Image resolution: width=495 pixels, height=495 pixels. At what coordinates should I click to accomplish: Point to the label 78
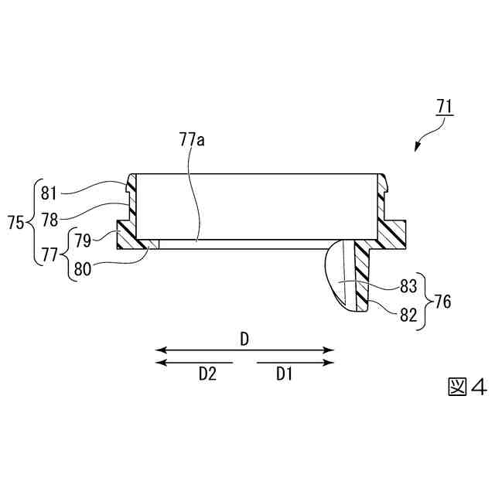click(x=49, y=220)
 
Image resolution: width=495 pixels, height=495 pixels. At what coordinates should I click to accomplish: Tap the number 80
click(x=84, y=271)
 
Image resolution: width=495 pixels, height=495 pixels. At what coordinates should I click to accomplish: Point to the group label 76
click(x=442, y=300)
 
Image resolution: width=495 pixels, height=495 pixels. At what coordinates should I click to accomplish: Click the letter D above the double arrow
click(x=244, y=339)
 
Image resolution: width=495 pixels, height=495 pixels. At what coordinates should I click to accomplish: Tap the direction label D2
click(x=207, y=374)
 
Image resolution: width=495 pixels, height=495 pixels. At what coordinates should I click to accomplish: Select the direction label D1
click(x=284, y=374)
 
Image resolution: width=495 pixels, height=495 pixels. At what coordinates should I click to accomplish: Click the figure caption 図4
click(x=467, y=387)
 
